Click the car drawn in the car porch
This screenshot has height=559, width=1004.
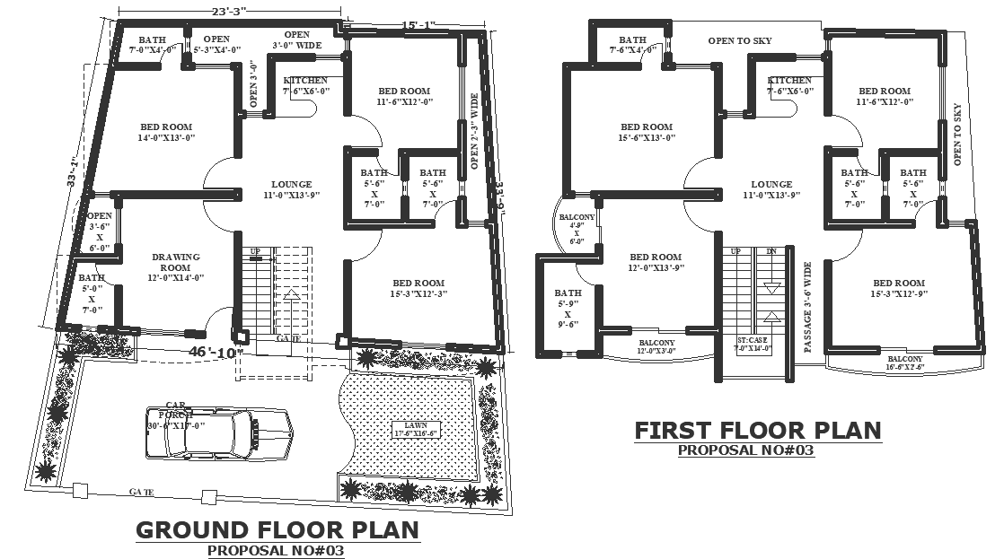(220, 432)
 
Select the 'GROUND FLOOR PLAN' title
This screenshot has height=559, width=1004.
(277, 529)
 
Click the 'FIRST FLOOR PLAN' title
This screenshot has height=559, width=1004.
(758, 431)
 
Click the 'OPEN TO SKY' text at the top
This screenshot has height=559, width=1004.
(739, 40)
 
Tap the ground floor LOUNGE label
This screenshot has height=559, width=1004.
(291, 188)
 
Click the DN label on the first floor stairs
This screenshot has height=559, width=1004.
(771, 252)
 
